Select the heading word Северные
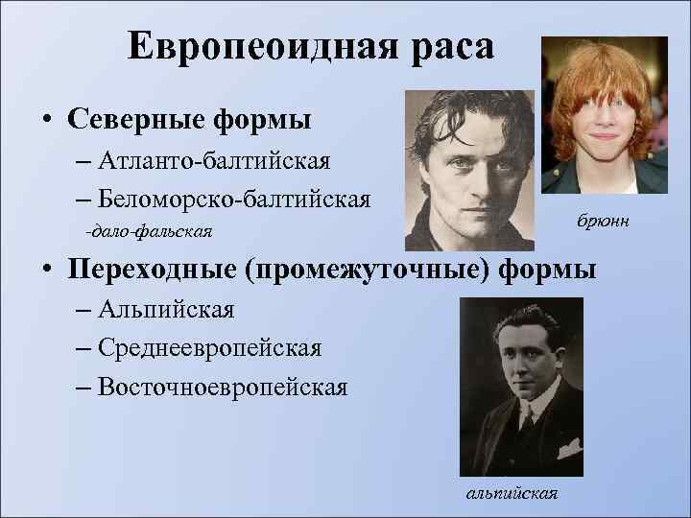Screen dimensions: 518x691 coord(133,122)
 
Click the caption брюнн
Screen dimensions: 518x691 coord(603,222)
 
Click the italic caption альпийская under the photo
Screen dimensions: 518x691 coord(512,493)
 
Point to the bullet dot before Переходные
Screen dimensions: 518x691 coord(46,271)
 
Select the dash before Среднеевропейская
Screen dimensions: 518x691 coord(81,348)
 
